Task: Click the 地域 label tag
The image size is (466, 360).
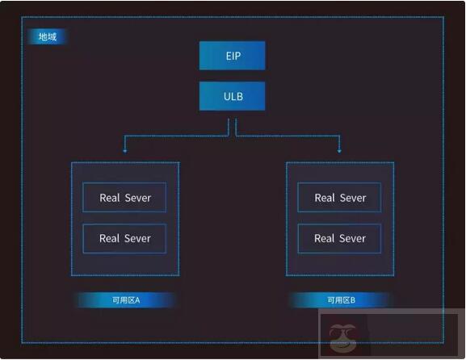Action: click(48, 37)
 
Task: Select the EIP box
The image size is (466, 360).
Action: click(233, 56)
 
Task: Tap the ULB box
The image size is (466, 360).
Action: click(233, 96)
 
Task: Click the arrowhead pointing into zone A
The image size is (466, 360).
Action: click(124, 149)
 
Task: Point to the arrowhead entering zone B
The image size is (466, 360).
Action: click(339, 149)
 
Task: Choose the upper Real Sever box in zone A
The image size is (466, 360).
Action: click(124, 198)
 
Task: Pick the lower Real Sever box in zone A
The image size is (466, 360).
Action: click(124, 238)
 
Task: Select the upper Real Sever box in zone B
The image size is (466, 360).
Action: click(340, 198)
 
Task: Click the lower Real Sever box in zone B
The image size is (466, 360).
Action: click(340, 238)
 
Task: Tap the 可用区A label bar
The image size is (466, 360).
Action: click(126, 300)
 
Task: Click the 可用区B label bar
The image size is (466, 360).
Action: click(341, 300)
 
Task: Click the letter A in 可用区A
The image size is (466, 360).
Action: click(137, 300)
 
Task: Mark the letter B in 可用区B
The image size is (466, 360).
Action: click(352, 300)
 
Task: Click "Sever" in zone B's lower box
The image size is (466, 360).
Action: click(353, 238)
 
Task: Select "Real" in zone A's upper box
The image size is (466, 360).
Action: click(110, 198)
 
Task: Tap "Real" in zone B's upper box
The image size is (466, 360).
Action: click(325, 198)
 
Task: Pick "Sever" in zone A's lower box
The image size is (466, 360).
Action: click(137, 238)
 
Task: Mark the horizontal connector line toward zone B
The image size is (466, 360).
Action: click(288, 136)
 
